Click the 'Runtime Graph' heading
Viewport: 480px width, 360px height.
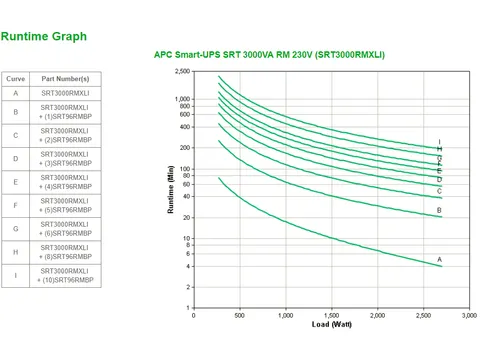coord(44,37)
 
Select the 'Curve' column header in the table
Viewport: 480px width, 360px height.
coord(16,77)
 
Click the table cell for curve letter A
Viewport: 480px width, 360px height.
coord(16,93)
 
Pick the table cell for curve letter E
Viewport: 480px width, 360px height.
coord(16,182)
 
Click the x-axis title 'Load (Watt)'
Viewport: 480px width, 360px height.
coord(330,326)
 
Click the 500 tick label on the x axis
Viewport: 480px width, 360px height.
coord(239,316)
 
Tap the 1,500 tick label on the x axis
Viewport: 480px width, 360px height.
coord(331,316)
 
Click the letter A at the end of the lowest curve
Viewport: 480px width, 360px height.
coord(440,260)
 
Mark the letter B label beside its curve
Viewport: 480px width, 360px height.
coord(440,211)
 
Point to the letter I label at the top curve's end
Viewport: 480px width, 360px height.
coord(440,142)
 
